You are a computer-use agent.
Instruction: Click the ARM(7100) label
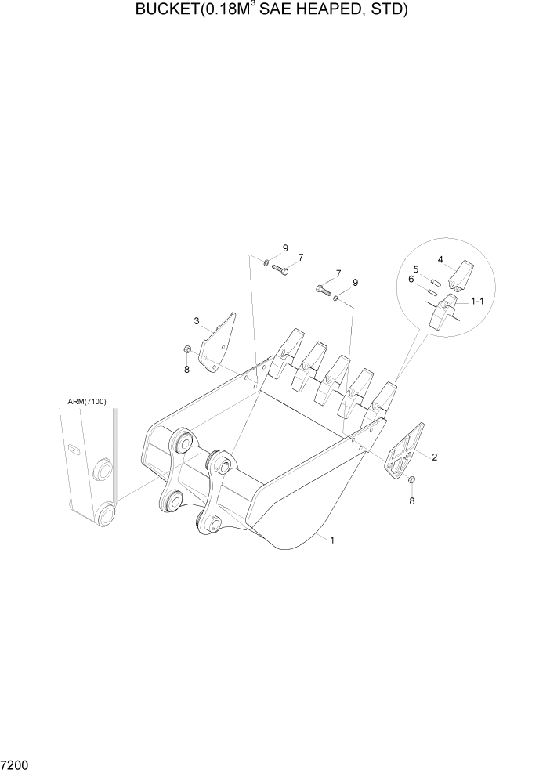pyautogui.click(x=86, y=402)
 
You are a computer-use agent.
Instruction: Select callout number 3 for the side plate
pyautogui.click(x=197, y=320)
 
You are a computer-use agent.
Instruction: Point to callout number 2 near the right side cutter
pyautogui.click(x=434, y=455)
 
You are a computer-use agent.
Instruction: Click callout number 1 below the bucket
pyautogui.click(x=332, y=540)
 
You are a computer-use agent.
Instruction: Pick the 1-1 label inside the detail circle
pyautogui.click(x=476, y=302)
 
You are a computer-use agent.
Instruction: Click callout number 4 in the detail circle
pyautogui.click(x=440, y=259)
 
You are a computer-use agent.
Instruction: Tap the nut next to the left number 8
pyautogui.click(x=187, y=349)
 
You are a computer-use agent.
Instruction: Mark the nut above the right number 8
pyautogui.click(x=412, y=479)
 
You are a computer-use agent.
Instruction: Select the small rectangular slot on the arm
pyautogui.click(x=74, y=450)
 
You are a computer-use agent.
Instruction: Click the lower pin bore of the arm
pyautogui.click(x=104, y=515)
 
